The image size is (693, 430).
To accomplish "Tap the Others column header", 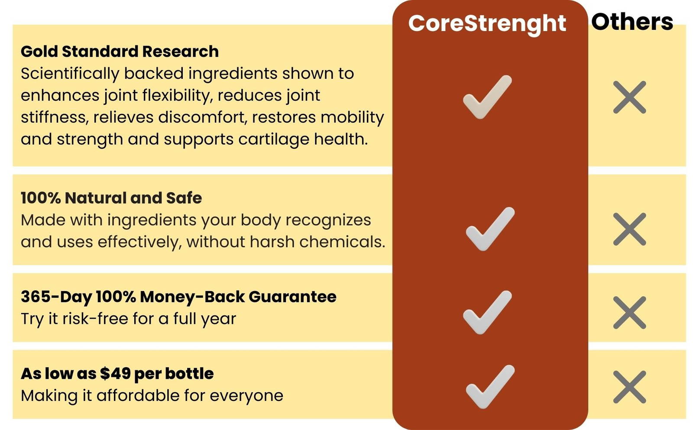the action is click(x=632, y=22).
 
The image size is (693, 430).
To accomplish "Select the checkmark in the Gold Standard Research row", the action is click(x=487, y=97).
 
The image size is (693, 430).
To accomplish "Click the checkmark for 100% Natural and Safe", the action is click(x=490, y=229).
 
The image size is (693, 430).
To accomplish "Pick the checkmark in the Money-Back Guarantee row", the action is click(x=487, y=313).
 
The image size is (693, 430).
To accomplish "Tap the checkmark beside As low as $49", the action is click(x=490, y=387).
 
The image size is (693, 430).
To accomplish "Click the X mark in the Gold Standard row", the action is click(x=630, y=97).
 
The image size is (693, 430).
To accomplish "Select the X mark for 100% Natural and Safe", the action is click(x=630, y=229).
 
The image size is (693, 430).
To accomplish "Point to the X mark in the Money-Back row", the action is click(x=630, y=313).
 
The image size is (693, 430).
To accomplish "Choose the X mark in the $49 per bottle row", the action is click(x=630, y=387).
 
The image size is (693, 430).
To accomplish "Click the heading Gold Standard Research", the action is click(x=120, y=52).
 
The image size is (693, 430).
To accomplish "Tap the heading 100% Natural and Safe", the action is click(x=111, y=197).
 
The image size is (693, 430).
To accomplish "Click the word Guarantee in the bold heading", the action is click(x=292, y=297).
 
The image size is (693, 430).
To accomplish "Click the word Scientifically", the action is click(x=70, y=74).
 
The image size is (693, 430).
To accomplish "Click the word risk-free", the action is click(x=95, y=318).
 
